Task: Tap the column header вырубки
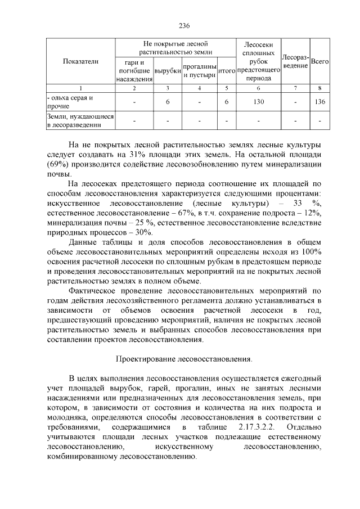pos(168,71)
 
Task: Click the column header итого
pos(226,71)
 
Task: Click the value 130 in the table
pos(258,102)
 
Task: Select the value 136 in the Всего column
pos(319,102)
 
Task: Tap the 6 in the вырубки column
pos(168,102)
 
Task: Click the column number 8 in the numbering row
pos(319,88)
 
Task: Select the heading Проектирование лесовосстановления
pos(184,358)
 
